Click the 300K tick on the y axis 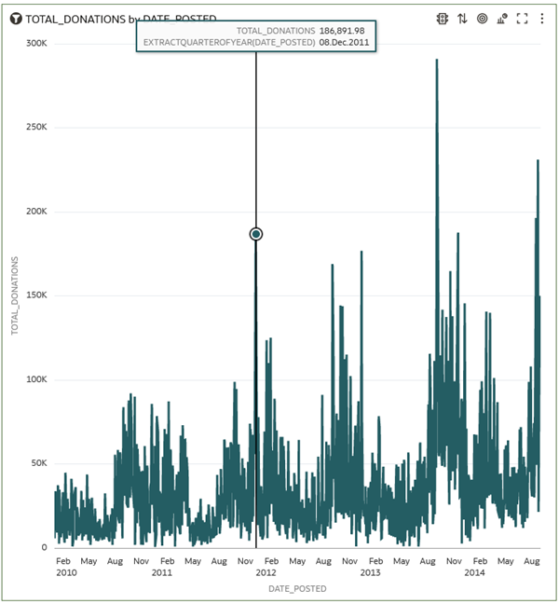click(36, 44)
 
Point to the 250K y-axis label click(36, 128)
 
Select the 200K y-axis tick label click(36, 212)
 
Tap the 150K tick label click(36, 295)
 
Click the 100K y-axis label click(36, 379)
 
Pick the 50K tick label click(38, 463)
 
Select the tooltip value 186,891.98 click(342, 31)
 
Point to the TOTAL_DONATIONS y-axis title click(14, 295)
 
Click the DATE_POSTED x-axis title click(297, 589)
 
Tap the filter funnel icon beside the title click(16, 19)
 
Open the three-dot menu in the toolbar click(542, 19)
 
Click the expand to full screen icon click(522, 19)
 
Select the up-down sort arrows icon click(462, 19)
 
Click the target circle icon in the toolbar click(482, 19)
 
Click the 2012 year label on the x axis click(266, 572)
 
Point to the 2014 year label click(475, 572)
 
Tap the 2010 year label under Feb click(65, 572)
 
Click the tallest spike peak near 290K click(436, 62)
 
